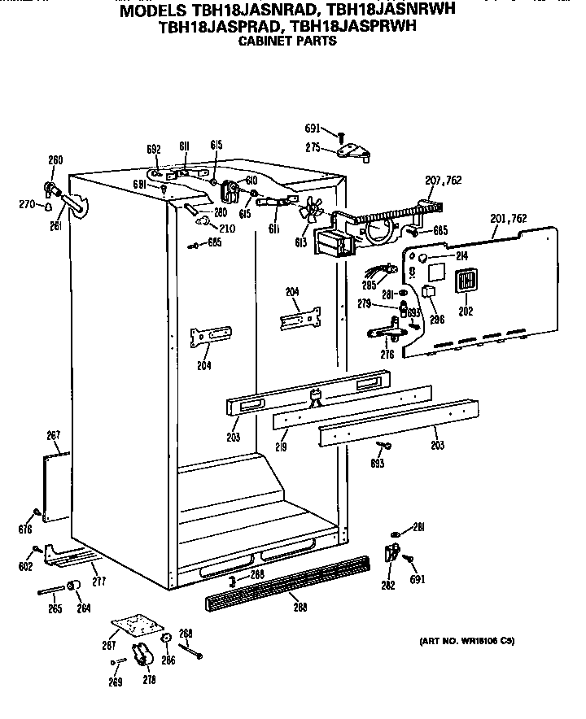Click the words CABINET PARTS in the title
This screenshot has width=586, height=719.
286,41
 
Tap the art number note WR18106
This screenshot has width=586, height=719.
467,641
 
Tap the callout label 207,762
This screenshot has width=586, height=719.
444,181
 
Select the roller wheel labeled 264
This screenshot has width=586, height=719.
73,588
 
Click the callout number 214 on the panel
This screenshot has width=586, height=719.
461,256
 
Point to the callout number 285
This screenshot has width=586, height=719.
370,285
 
